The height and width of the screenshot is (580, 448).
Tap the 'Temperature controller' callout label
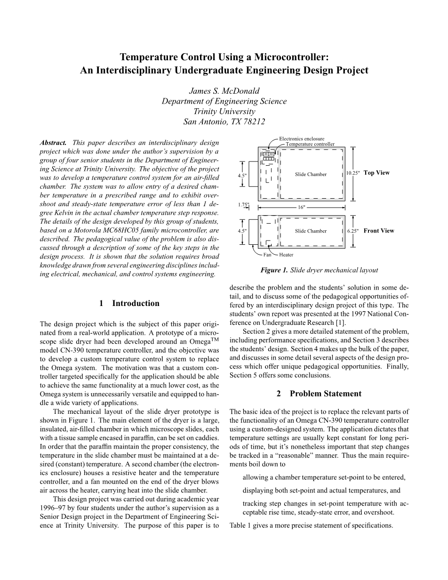tap(310, 144)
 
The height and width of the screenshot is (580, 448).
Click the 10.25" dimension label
tap(353, 173)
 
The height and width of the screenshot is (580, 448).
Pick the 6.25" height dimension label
tap(353, 231)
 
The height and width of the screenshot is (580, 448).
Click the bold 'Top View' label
tap(376, 173)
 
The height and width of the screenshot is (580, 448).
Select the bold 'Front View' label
tap(379, 231)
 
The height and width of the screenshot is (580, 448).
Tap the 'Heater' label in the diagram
tap(286, 255)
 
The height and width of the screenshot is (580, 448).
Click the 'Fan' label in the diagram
tap(267, 255)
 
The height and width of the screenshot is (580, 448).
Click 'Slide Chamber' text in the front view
tap(311, 231)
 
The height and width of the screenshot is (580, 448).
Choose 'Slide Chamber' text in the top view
tap(311, 175)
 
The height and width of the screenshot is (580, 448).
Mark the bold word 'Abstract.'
tap(53, 142)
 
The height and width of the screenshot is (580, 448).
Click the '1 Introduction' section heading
tap(129, 304)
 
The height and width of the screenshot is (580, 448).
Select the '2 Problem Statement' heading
tap(319, 394)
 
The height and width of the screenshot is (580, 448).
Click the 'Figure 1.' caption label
tap(274, 270)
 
